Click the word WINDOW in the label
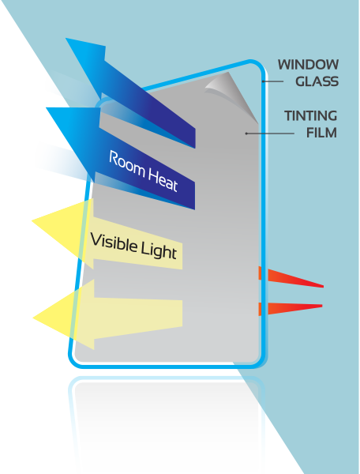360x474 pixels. click(x=308, y=65)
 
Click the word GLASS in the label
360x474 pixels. click(x=317, y=81)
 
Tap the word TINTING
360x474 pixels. click(x=310, y=116)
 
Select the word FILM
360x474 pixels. click(x=321, y=133)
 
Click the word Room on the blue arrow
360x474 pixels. click(x=127, y=164)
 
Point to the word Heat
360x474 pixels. click(x=163, y=179)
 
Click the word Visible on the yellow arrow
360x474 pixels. click(x=114, y=243)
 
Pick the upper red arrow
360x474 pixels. click(x=291, y=277)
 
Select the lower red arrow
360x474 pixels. click(x=291, y=309)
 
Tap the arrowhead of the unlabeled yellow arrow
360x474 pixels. click(x=64, y=315)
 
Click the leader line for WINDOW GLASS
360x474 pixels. click(x=272, y=81)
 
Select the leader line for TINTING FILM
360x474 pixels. click(x=270, y=133)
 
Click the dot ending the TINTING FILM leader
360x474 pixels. click(x=246, y=133)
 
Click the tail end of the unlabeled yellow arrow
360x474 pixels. click(x=182, y=313)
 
